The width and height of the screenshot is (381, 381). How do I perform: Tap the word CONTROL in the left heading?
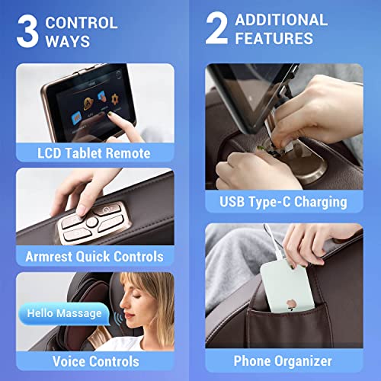[82, 22]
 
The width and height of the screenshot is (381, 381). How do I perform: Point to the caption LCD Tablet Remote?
[94, 153]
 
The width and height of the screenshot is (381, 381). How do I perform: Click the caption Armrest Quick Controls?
[94, 257]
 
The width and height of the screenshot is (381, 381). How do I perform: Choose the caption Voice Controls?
[94, 360]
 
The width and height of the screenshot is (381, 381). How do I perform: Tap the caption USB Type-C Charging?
[283, 202]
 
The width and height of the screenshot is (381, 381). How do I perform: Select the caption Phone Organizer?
[283, 360]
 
